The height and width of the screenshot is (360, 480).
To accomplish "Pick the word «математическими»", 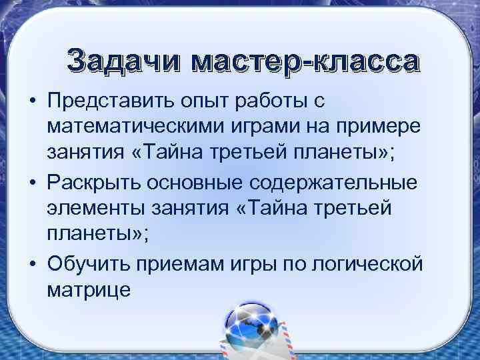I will tap(132, 127).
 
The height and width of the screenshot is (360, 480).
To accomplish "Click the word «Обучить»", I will tap(89, 263).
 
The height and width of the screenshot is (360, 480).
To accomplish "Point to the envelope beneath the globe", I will tap(250, 347).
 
